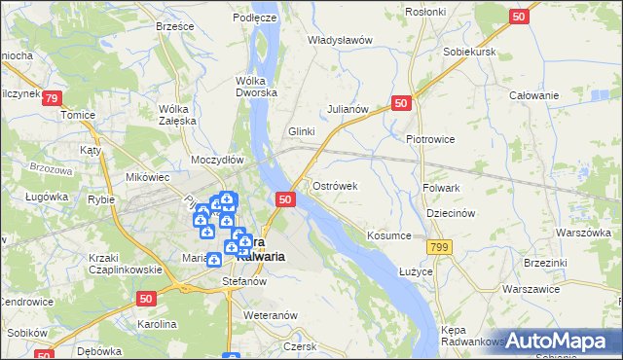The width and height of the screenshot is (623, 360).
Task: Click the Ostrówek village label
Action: point(336,186)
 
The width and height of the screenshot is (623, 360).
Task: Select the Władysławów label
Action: point(341,40)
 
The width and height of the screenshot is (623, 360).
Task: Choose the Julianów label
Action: point(348,109)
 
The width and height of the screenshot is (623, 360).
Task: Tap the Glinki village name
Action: point(305,131)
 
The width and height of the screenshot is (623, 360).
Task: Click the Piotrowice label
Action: point(430,139)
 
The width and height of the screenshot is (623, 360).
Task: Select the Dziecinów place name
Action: point(450,213)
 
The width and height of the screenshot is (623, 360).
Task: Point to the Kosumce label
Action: point(390,235)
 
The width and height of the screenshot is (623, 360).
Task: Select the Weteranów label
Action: point(270,316)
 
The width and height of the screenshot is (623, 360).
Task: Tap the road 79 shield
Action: point(53,98)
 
